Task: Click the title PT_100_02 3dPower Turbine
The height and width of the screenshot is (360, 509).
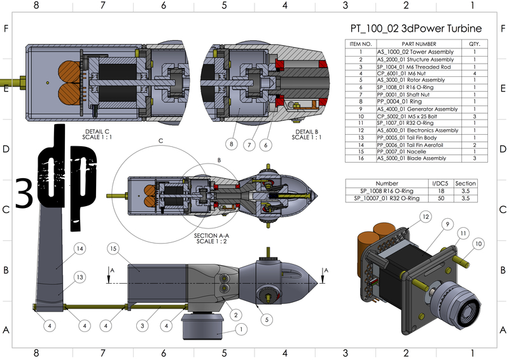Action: coord(416,29)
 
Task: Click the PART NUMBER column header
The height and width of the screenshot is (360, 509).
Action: coord(417,44)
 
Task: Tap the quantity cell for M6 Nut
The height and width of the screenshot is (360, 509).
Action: coord(474,73)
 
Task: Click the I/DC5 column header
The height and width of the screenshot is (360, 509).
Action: coord(439,183)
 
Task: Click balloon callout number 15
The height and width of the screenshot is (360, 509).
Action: coord(115,248)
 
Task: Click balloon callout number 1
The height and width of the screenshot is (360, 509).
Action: coord(241,329)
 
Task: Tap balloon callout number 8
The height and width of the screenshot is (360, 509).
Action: coord(232,144)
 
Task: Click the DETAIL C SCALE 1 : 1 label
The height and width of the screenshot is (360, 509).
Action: coord(94,134)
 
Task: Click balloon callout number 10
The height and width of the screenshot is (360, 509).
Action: coord(478,244)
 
